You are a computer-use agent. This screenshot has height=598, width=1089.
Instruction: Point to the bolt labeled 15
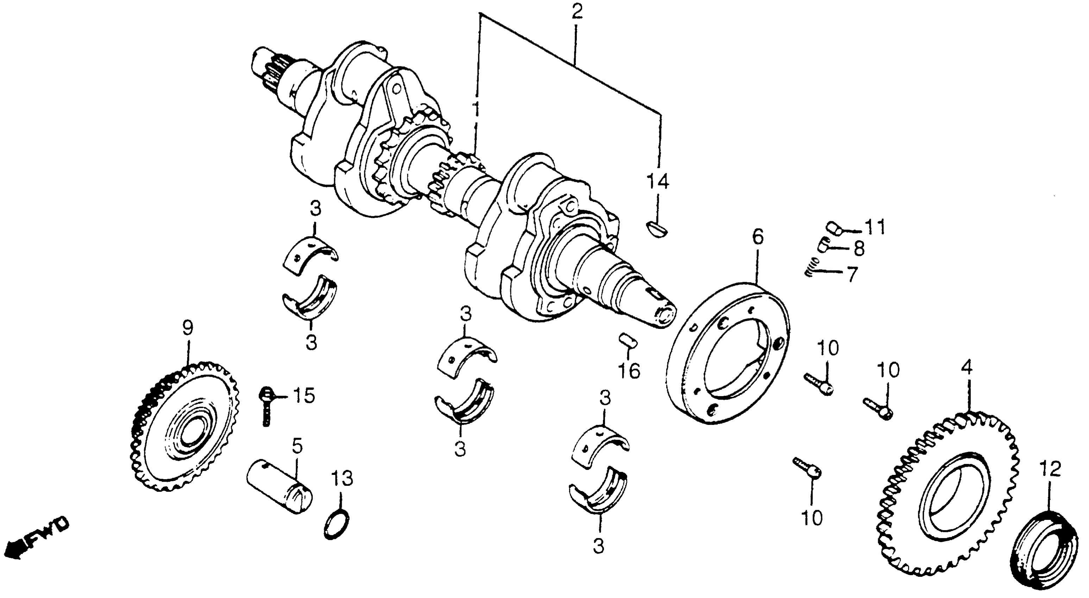click(265, 405)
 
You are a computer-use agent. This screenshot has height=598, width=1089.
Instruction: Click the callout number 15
click(303, 396)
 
